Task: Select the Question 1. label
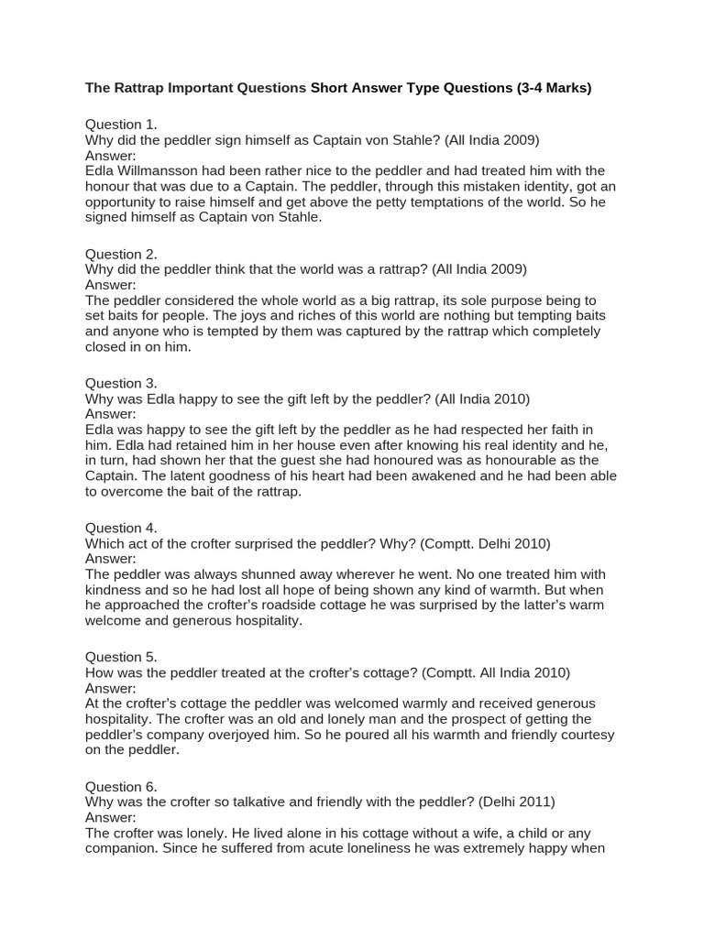(x=121, y=125)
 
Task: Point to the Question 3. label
(x=121, y=383)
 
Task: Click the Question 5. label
(x=121, y=657)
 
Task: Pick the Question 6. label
(x=121, y=786)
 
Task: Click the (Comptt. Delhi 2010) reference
(x=485, y=543)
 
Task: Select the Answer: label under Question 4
(x=111, y=559)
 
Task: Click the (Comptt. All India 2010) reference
(x=496, y=672)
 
